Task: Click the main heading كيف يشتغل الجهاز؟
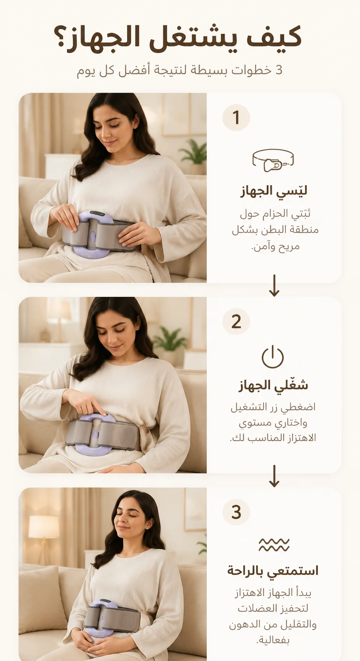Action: coord(178,39)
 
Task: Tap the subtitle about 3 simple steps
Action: coord(180,71)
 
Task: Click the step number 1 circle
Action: coord(236,117)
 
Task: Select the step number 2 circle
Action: coord(236,321)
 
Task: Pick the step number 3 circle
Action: coord(236,512)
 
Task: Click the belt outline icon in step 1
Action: coord(273,160)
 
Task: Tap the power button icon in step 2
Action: coord(273,357)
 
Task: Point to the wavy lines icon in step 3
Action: coord(274,545)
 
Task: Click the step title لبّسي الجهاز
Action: coord(274,191)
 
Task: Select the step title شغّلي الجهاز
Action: coord(273,385)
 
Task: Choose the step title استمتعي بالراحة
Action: coord(273,571)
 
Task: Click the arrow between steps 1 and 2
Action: coord(274,285)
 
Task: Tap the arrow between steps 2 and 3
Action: coord(274,476)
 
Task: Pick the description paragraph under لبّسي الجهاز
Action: coord(275,230)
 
